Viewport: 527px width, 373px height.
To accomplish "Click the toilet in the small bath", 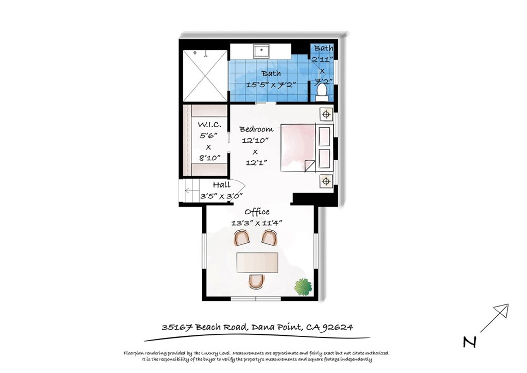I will coord(322,91).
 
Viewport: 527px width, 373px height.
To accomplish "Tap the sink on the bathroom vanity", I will coord(261,50).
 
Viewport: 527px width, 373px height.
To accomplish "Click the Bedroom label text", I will coord(256,129).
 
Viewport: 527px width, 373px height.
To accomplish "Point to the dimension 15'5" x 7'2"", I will coord(271,84).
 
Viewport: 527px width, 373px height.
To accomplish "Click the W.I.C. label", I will coord(209,125).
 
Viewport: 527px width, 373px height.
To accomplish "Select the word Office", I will coord(257,212).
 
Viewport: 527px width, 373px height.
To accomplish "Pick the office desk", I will coord(257,262).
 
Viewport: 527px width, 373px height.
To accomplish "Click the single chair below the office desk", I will coord(256,281).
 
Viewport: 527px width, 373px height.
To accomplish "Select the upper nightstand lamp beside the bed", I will coord(325,114).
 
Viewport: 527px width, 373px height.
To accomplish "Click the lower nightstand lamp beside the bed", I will coord(325,180).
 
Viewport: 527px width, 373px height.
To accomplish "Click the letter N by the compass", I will coord(468,342).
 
